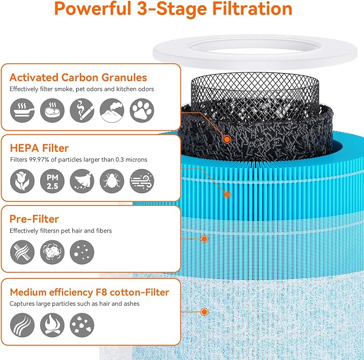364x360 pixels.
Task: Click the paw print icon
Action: pyautogui.click(x=142, y=111)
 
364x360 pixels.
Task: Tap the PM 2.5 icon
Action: pyautogui.click(x=52, y=181)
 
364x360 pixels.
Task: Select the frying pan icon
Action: pyautogui.click(x=22, y=111)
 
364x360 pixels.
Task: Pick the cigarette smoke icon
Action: pyautogui.click(x=82, y=111)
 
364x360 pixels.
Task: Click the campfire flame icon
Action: pyautogui.click(x=52, y=324)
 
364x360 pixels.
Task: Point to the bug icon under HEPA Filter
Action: pyautogui.click(x=112, y=181)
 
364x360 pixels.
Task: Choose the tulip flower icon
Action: pyautogui.click(x=22, y=181)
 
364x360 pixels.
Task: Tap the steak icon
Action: pyautogui.click(x=52, y=111)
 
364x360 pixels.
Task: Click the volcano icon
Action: pyautogui.click(x=112, y=111)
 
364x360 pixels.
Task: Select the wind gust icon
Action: pyautogui.click(x=142, y=181)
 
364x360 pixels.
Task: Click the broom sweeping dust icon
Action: pyautogui.click(x=82, y=181)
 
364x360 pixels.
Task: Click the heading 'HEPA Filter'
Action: pyautogui.click(x=39, y=148)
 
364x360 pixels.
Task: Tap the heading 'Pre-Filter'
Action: pyautogui.click(x=34, y=219)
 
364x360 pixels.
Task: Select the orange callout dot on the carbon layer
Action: pyautogui.click(x=227, y=139)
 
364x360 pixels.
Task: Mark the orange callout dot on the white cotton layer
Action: pyautogui.click(x=204, y=311)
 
